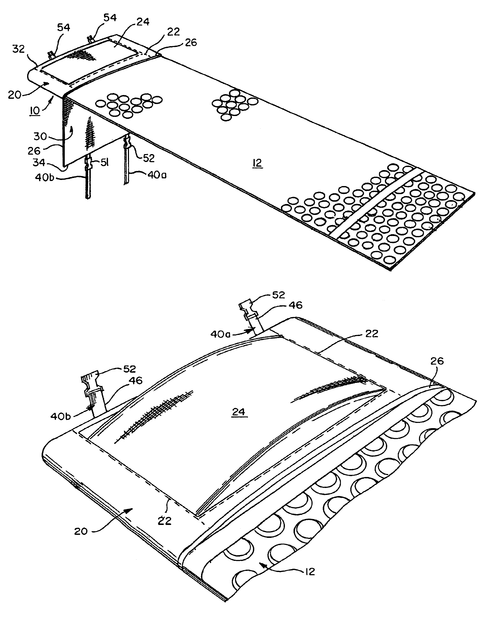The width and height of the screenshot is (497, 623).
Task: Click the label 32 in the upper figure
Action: pyautogui.click(x=18, y=49)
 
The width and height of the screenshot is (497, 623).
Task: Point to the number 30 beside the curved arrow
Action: pyautogui.click(x=40, y=136)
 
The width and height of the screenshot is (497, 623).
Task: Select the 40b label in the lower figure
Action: pyautogui.click(x=60, y=416)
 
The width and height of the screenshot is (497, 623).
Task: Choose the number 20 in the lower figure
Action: pyautogui.click(x=81, y=531)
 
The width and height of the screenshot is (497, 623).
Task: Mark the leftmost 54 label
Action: pyautogui.click(x=64, y=27)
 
